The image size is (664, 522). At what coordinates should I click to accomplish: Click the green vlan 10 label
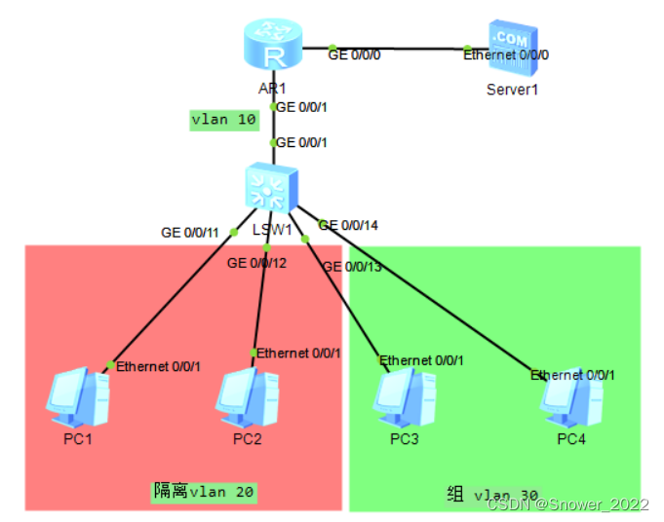(x=223, y=120)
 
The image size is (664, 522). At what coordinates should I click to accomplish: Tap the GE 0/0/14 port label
(x=349, y=225)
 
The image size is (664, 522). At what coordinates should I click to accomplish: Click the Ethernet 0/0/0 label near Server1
(x=506, y=55)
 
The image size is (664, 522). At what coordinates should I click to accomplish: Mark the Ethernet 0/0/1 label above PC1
(x=158, y=367)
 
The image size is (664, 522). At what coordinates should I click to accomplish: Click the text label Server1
(x=512, y=90)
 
